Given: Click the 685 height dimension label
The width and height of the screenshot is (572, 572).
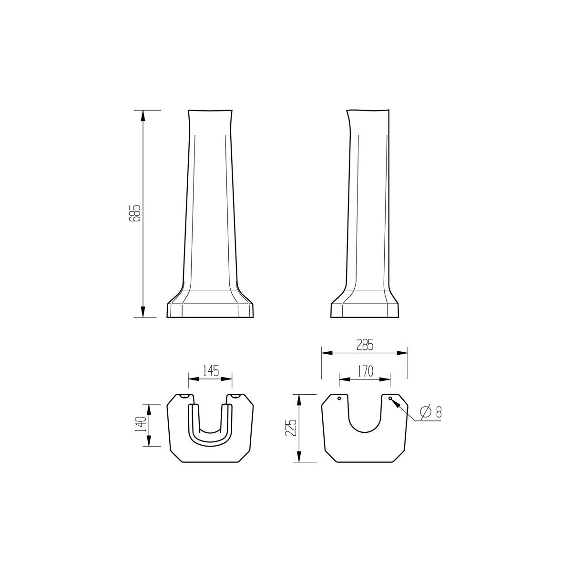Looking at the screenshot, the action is pyautogui.click(x=135, y=213).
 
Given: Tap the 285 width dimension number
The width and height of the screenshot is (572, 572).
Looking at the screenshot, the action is pyautogui.click(x=365, y=345).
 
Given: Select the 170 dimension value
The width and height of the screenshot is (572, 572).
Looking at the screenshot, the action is pyautogui.click(x=365, y=371).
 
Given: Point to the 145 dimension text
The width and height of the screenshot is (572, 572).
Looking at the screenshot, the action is pyautogui.click(x=211, y=371).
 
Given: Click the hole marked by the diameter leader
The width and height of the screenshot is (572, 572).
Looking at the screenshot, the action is pyautogui.click(x=390, y=398).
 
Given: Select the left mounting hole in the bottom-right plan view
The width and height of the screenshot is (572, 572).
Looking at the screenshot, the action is pyautogui.click(x=339, y=398).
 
